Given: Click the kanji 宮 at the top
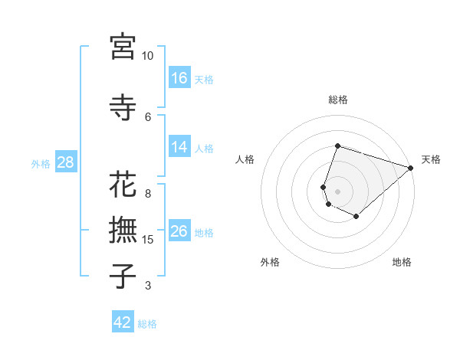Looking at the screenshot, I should tap(123, 47).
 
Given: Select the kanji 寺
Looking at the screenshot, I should tap(123, 107).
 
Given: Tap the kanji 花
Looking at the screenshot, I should tap(123, 186).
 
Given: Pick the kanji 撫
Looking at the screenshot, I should tap(123, 231).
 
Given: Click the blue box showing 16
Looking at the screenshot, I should tap(179, 78).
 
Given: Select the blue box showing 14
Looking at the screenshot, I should tap(179, 147).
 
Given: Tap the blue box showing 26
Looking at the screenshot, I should tap(179, 231).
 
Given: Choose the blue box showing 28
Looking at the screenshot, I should tap(65, 162).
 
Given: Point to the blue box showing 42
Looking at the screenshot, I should tap(123, 322).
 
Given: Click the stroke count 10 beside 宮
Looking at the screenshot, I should tap(147, 56).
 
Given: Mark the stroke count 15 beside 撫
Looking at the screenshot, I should tap(148, 240).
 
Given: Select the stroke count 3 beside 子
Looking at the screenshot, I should tap(148, 286).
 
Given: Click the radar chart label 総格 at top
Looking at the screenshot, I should tap(337, 100).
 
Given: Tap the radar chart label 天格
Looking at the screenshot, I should tap(431, 159).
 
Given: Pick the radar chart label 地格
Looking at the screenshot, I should tap(402, 262).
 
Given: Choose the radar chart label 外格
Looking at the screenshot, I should tap(270, 262).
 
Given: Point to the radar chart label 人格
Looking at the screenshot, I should tap(245, 159).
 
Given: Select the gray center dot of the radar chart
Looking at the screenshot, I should tap(337, 191).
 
